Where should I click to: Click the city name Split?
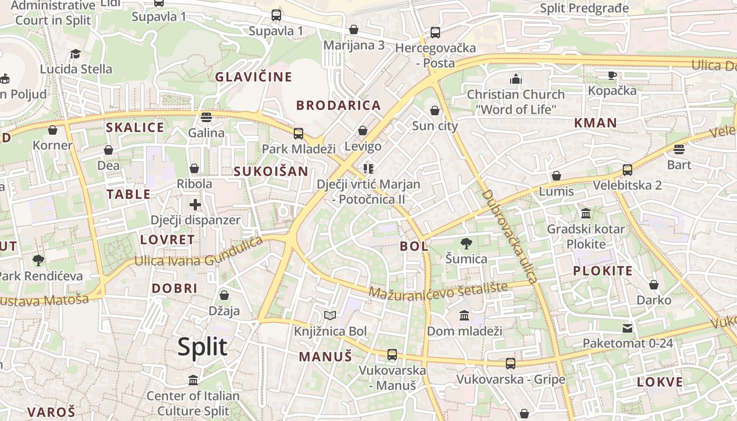202,347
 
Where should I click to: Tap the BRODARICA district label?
338,105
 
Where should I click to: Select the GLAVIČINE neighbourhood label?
253,77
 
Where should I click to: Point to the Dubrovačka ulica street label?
509,237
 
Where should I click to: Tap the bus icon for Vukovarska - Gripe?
511,363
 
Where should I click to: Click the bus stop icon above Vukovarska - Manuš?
392,354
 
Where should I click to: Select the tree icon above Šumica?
466,243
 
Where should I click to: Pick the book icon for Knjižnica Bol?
330,315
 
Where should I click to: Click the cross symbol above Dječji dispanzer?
195,204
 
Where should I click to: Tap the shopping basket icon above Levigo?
363,130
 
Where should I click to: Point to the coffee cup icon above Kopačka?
612,75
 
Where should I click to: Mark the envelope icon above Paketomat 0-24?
628,328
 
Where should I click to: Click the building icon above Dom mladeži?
464,315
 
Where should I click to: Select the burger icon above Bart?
679,149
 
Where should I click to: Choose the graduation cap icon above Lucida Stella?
76,54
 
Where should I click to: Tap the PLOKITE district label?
603,272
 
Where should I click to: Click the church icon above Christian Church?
516,79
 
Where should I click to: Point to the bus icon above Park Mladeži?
298,133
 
